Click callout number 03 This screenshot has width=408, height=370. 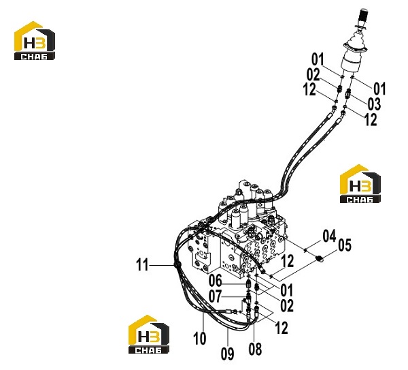pyautogui.click(x=374, y=104)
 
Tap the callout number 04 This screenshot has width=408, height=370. pyautogui.click(x=329, y=236)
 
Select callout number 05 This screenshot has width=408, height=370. pyautogui.click(x=345, y=245)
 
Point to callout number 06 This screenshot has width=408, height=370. pyautogui.click(x=216, y=281)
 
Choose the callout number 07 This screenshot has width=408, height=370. pyautogui.click(x=215, y=296)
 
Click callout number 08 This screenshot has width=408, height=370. pyautogui.click(x=255, y=349)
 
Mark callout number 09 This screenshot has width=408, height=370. pyautogui.click(x=227, y=354)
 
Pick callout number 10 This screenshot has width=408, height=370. pyautogui.click(x=200, y=339)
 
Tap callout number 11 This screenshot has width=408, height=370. pyautogui.click(x=142, y=265)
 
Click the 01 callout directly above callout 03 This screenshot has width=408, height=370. pyautogui.click(x=379, y=89)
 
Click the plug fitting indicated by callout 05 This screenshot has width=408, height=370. pyautogui.click(x=320, y=259)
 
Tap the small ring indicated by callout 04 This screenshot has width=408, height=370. pyautogui.click(x=305, y=250)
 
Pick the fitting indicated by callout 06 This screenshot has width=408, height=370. pyautogui.click(x=248, y=283)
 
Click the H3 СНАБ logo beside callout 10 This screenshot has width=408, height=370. pyautogui.click(x=149, y=335)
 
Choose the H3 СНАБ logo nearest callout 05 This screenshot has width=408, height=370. pyautogui.click(x=360, y=183)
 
